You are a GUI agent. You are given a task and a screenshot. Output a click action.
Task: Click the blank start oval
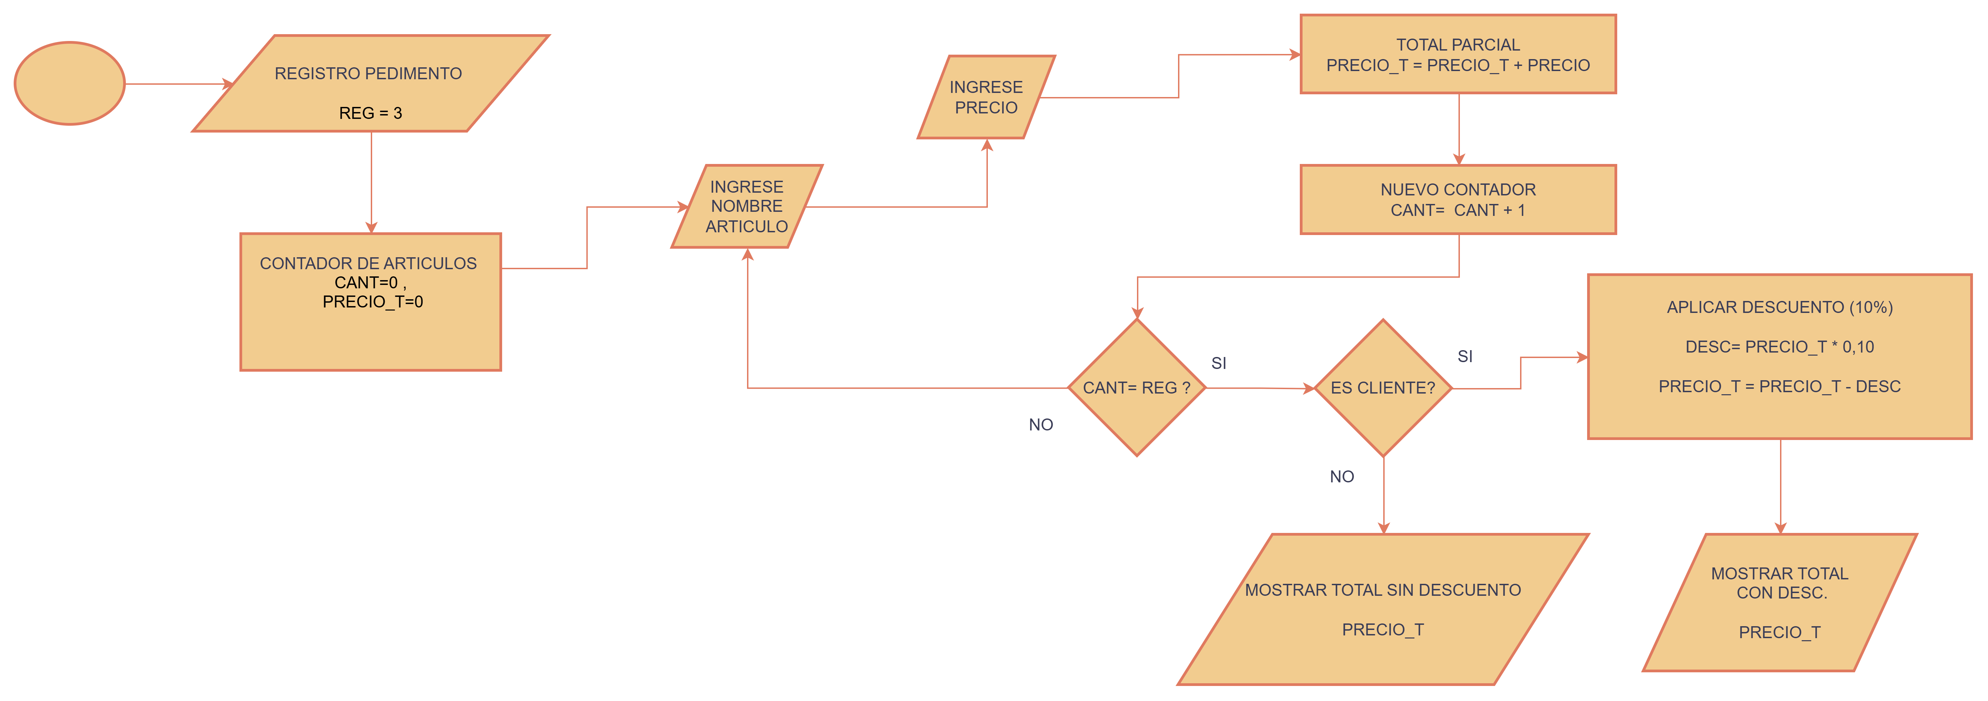[x=69, y=83]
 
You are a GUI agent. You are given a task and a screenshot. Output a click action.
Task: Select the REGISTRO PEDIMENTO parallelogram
[x=370, y=83]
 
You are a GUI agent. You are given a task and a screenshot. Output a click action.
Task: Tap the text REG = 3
[x=370, y=113]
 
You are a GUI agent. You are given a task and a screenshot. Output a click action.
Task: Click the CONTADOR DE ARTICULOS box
[x=370, y=302]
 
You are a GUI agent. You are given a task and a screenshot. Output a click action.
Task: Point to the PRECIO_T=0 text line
[x=373, y=302]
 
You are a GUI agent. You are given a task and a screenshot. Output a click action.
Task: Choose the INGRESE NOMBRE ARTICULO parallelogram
[x=747, y=206]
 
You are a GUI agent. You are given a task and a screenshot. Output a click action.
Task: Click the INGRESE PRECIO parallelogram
[x=986, y=97]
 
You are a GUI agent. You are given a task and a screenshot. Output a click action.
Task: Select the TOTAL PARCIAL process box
[x=1458, y=54]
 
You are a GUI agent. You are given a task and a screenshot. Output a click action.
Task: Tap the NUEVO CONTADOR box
[x=1458, y=199]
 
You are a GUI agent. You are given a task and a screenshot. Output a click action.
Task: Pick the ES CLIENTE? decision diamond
[x=1383, y=388]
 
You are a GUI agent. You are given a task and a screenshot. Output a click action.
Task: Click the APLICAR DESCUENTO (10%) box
[x=1780, y=356]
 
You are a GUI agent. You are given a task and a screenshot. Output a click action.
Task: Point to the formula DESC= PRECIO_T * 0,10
[x=1780, y=347]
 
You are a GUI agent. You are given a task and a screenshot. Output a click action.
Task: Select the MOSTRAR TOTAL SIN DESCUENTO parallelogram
[x=1383, y=609]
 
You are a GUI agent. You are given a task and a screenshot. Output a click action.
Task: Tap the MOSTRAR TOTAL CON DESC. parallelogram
[x=1780, y=602]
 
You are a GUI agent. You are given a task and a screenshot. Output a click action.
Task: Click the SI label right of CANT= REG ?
[x=1219, y=363]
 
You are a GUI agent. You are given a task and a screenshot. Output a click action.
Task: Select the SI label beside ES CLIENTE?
[x=1465, y=356]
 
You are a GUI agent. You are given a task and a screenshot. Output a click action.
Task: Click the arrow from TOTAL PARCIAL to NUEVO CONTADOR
[x=1459, y=129]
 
